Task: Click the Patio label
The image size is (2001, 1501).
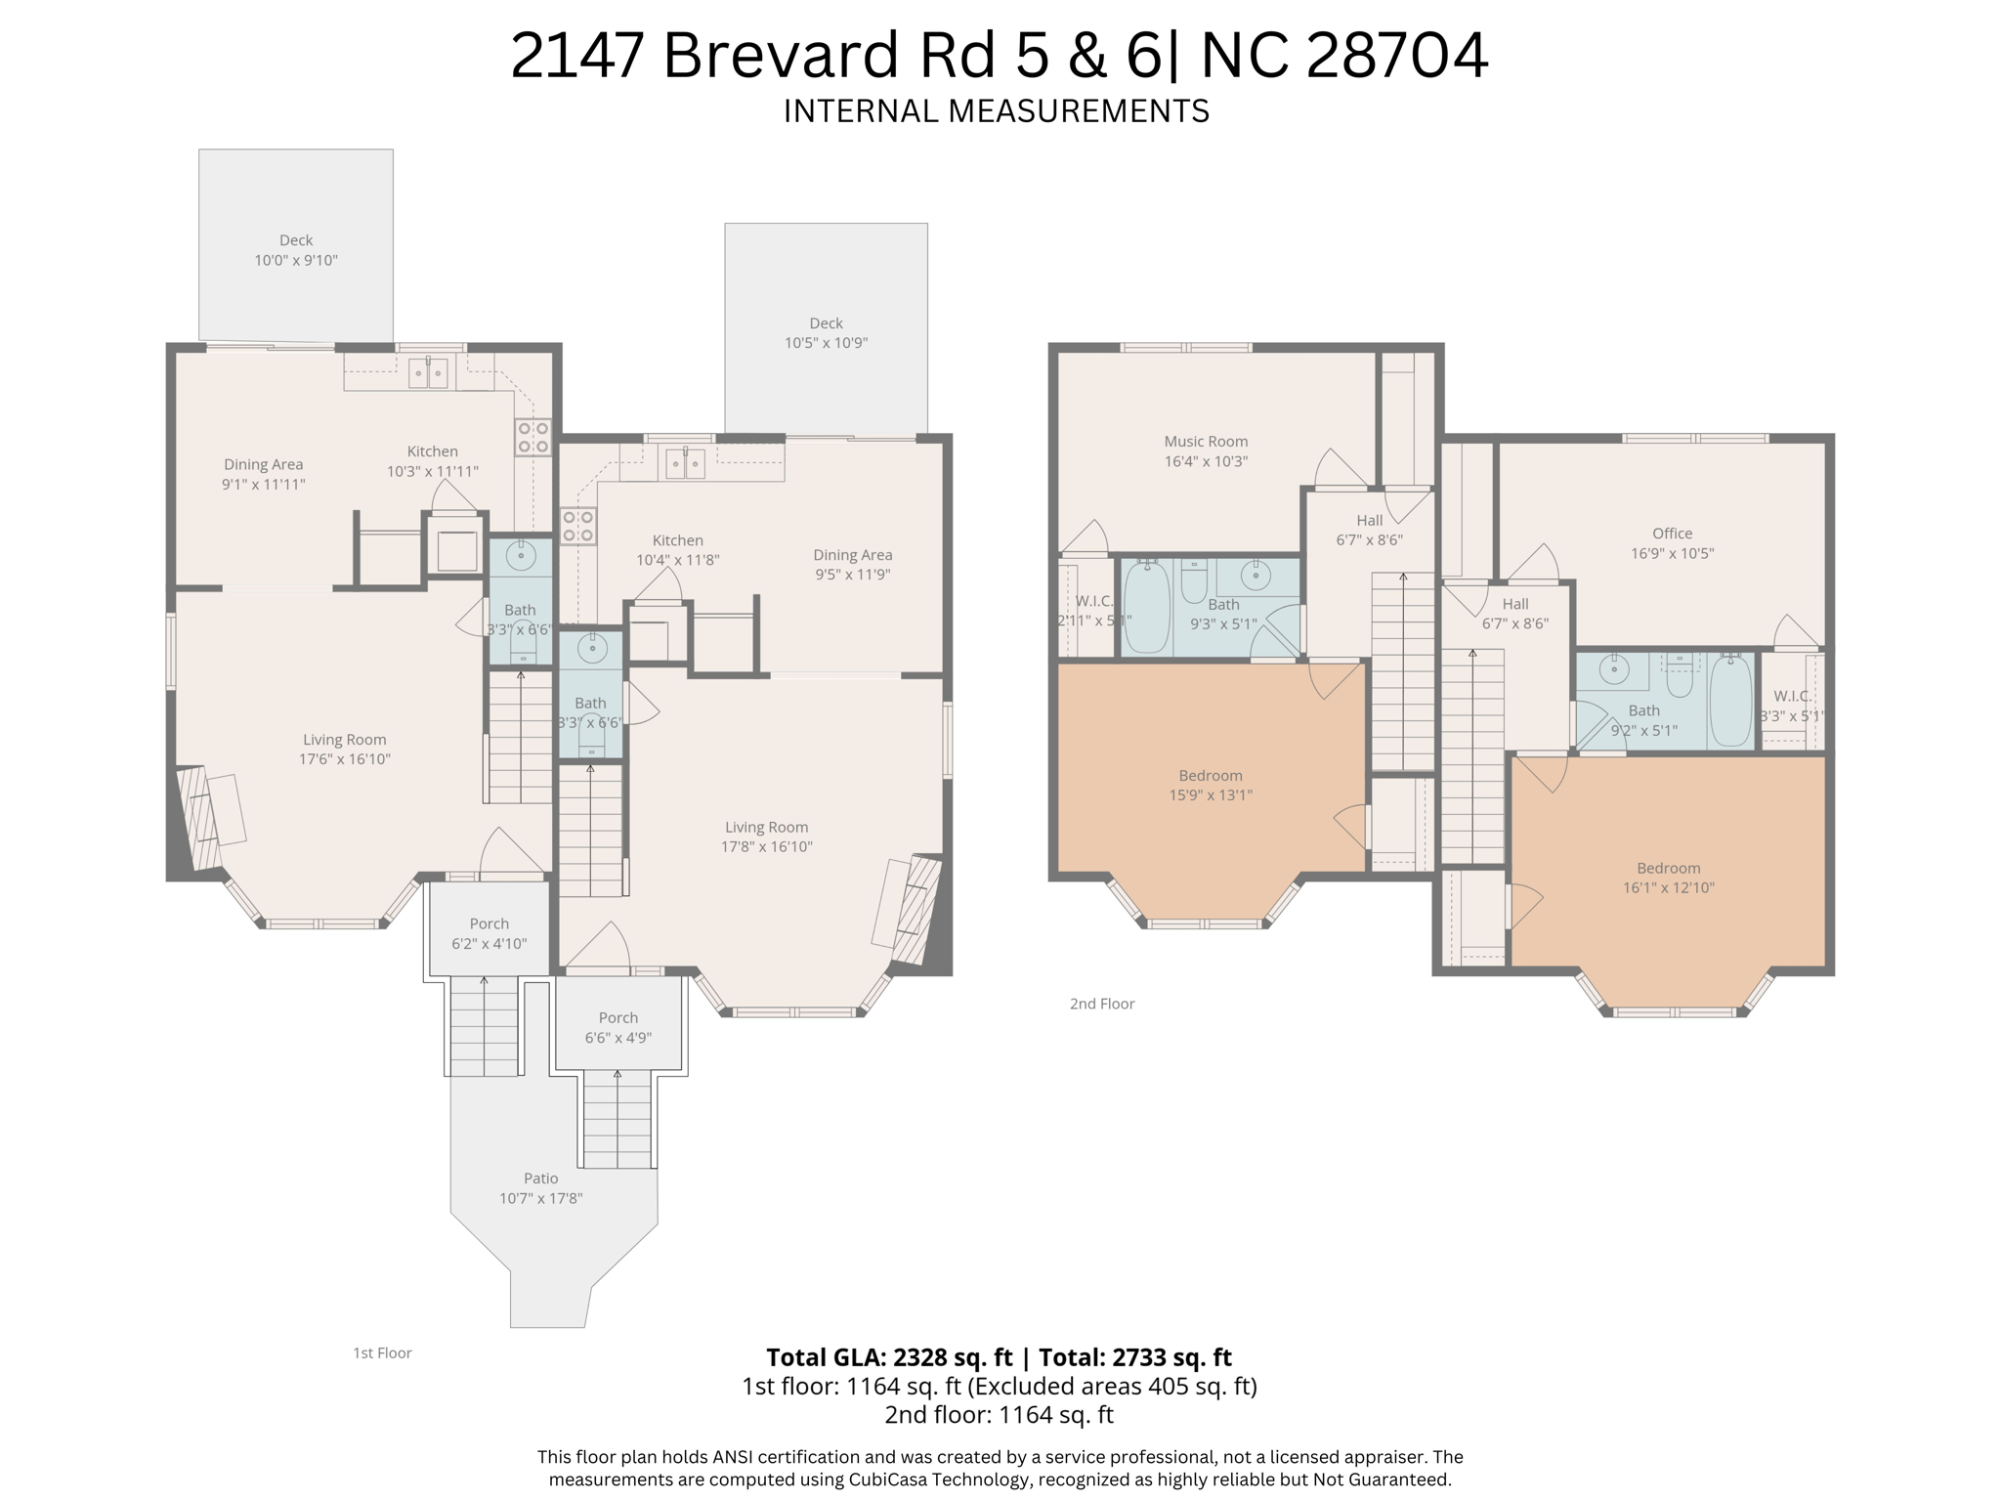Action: [540, 1179]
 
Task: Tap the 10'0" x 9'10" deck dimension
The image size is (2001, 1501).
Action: [296, 261]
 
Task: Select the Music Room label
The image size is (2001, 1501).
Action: [1206, 442]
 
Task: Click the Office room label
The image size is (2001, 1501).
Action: [1672, 534]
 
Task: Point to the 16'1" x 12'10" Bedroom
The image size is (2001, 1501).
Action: [1668, 878]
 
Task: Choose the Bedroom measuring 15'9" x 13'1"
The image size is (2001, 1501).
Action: [1210, 785]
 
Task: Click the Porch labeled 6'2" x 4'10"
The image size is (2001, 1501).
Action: [489, 933]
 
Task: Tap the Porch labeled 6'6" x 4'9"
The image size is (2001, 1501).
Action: [617, 1027]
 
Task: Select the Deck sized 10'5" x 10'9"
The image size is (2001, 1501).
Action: [826, 332]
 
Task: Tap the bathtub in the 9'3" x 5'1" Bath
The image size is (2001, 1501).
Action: [1146, 607]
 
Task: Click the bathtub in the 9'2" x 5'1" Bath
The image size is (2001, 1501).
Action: [1730, 700]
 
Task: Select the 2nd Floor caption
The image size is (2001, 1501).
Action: [1101, 1004]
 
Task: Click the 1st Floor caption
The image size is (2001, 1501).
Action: [382, 1353]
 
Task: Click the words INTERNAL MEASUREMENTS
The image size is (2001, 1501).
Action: [996, 111]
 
